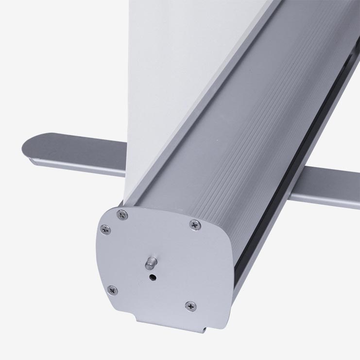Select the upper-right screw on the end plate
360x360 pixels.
click(x=194, y=224)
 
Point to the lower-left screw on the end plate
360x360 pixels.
click(x=112, y=290)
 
